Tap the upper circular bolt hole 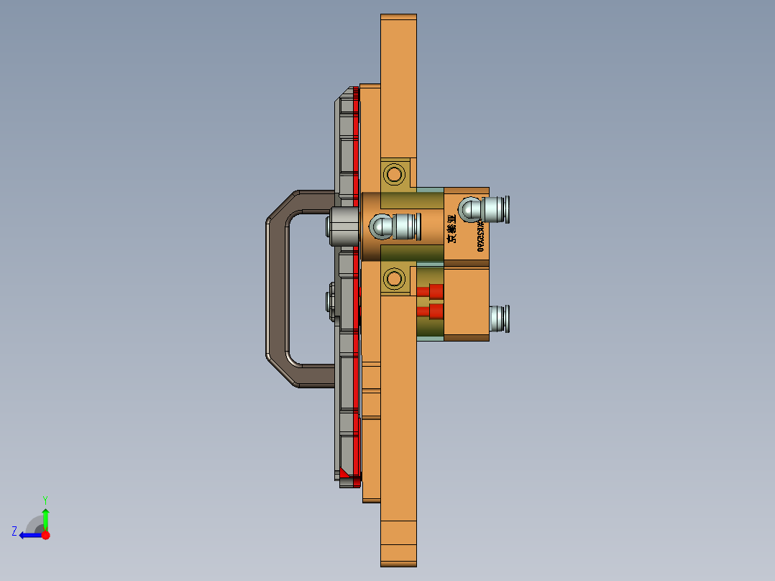[393, 174]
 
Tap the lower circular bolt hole [393, 278]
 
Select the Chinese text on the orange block [452, 228]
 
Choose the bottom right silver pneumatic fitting [499, 319]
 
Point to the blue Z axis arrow [30, 535]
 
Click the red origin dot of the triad [46, 535]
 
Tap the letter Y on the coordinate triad [45, 499]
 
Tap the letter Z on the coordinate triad [14, 531]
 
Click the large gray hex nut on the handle [344, 227]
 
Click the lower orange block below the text [467, 302]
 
